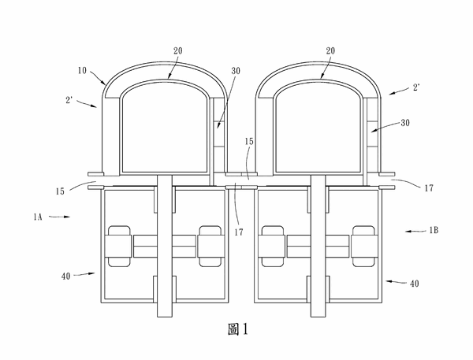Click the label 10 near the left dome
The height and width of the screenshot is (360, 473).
tap(82, 71)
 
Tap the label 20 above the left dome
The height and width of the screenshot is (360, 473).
tap(177, 50)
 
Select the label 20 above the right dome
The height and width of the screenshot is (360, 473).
tap(330, 50)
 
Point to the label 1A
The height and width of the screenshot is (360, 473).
tap(38, 217)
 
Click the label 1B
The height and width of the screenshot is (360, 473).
tap(434, 230)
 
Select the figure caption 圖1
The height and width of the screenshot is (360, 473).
tap(238, 329)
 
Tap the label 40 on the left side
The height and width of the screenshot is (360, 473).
tap(65, 276)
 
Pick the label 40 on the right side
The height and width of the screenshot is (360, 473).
tap(415, 284)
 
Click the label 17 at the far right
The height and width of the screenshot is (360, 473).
tap(429, 188)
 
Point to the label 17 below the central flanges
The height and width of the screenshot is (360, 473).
tap(239, 232)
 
